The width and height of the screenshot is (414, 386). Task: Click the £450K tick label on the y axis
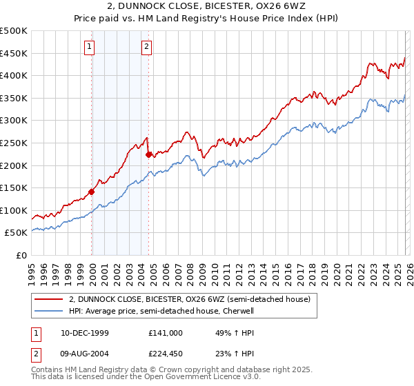(14, 53)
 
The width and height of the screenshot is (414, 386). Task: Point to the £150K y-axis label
(14, 187)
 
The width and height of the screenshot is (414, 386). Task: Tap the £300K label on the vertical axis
(14, 121)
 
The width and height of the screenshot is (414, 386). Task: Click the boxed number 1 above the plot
(91, 47)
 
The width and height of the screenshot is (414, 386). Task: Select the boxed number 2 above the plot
(148, 47)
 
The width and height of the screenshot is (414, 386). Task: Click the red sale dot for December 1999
(92, 192)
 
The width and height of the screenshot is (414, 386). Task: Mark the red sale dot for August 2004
(148, 154)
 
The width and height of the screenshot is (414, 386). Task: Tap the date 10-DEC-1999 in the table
(84, 332)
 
